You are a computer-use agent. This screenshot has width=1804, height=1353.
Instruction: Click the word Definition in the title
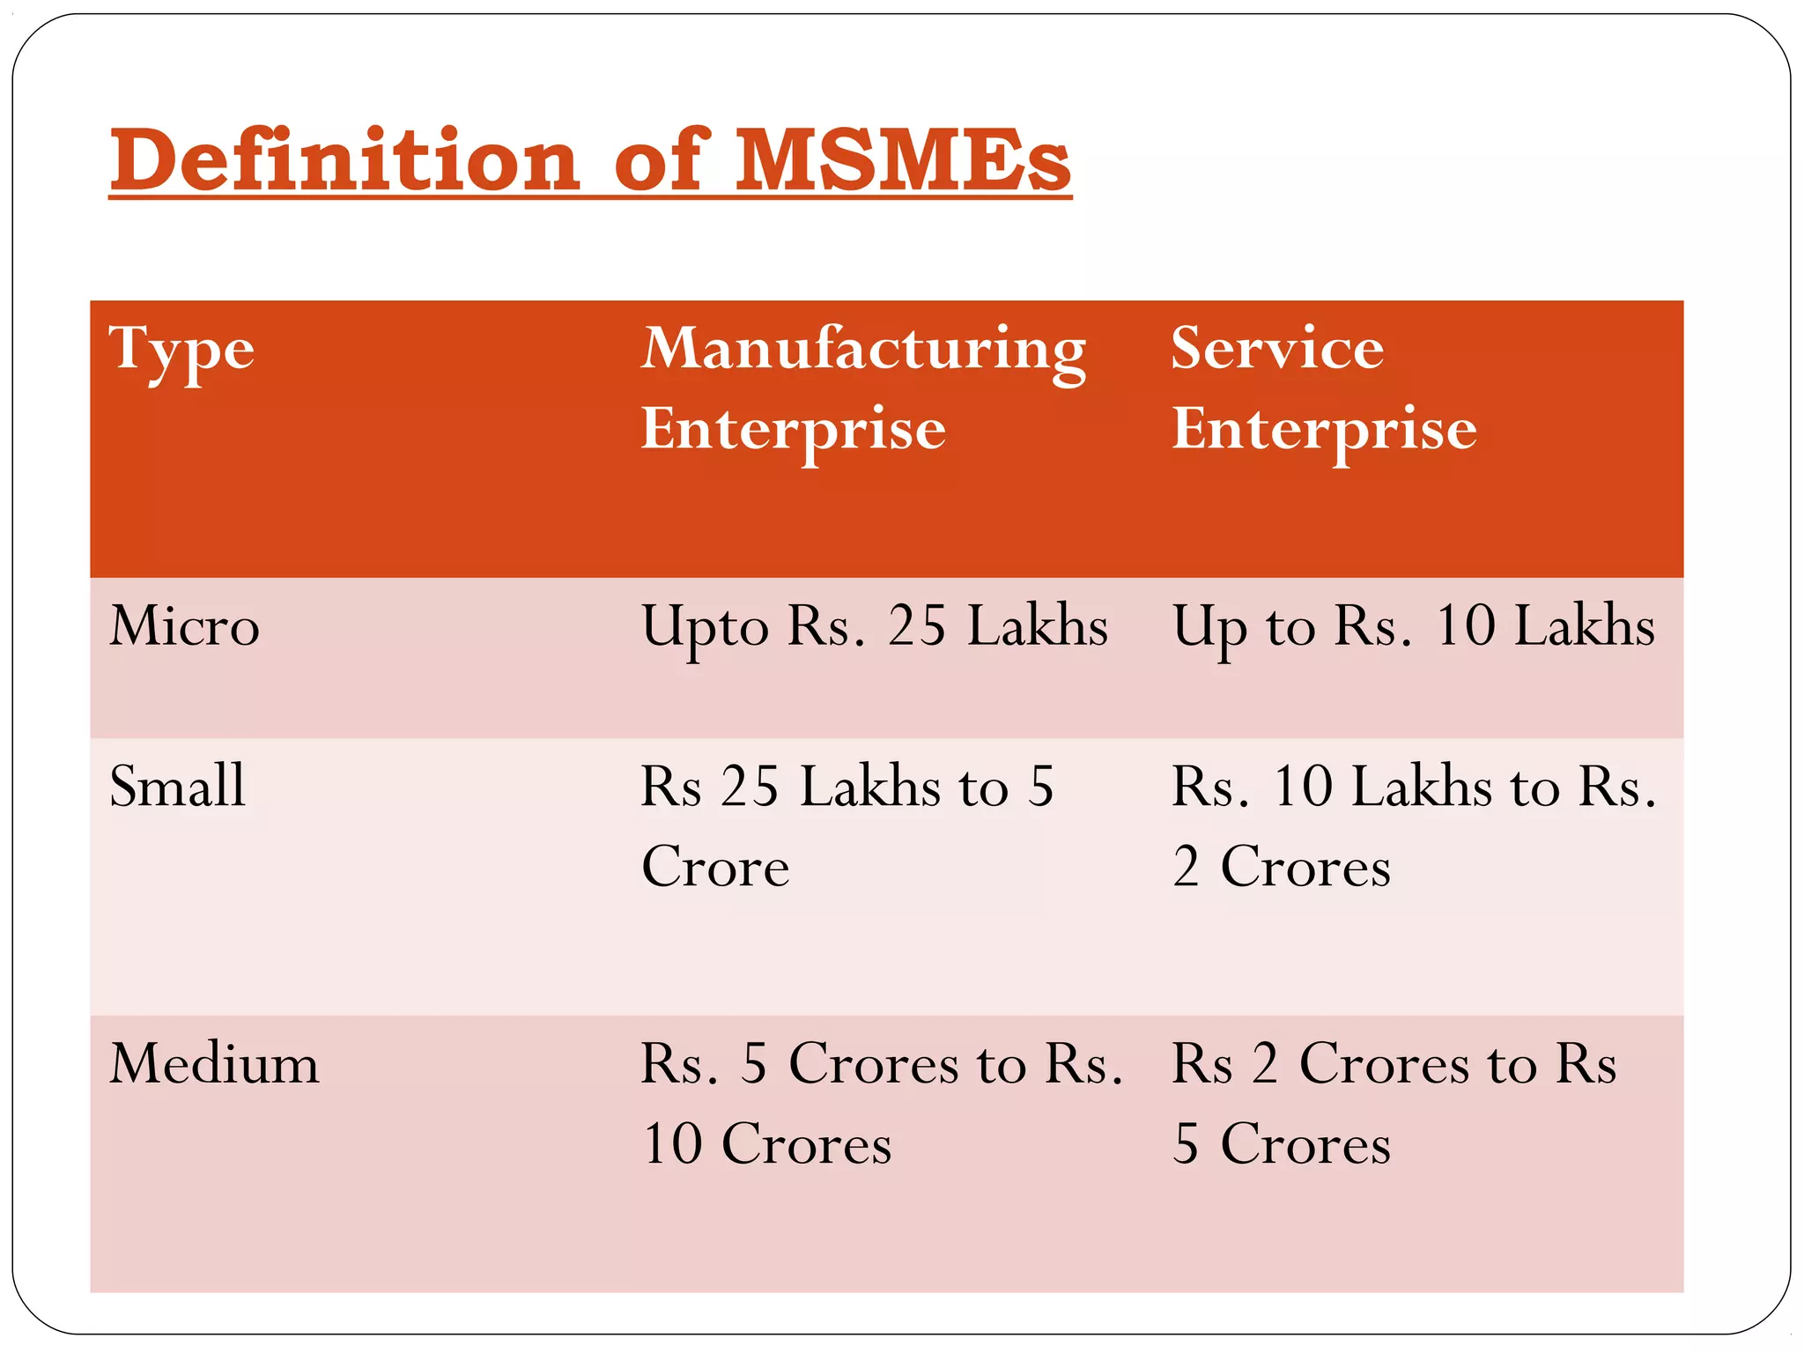344,160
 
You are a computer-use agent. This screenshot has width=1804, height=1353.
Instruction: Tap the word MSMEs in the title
903,160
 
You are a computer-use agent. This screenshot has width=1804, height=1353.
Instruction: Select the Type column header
181,351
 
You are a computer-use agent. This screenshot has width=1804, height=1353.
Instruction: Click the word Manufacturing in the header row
863,349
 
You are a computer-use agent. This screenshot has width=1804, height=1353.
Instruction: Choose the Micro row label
185,626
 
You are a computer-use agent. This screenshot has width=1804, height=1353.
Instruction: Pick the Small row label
177,786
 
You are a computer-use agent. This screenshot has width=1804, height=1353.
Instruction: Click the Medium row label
214,1063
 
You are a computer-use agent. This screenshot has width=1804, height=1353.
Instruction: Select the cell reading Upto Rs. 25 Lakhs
874,626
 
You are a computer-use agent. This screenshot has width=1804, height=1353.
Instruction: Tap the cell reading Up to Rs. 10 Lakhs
1413,626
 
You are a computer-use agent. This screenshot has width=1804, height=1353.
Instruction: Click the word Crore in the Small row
715,867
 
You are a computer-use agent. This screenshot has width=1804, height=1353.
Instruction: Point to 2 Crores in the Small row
1282,867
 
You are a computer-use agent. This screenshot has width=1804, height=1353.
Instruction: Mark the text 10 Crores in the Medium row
767,1144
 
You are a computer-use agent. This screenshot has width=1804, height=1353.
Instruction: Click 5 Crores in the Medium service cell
1282,1144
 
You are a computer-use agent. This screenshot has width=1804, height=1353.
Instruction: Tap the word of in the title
661,160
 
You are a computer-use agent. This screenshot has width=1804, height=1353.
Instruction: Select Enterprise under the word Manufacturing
793,430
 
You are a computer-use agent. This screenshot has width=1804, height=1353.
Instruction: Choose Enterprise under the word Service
1324,430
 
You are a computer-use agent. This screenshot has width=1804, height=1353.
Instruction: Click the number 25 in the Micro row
916,626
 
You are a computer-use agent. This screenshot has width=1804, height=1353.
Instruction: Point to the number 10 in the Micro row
1465,626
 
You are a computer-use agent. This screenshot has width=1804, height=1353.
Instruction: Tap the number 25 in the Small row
750,786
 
